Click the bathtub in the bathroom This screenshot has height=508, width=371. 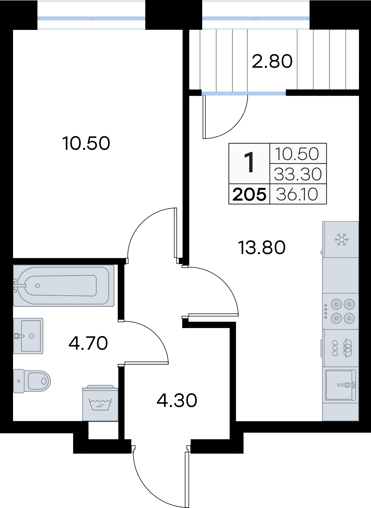point(64,285)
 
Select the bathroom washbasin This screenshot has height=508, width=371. point(28,336)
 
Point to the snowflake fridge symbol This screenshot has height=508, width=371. point(341,239)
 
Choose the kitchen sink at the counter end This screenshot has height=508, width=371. point(340,385)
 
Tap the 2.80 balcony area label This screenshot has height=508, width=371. point(272,61)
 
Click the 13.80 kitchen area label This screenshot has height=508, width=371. point(262,247)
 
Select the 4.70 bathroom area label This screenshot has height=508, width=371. point(88,343)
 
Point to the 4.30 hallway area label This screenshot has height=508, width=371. point(177,400)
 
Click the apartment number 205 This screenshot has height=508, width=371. point(249,194)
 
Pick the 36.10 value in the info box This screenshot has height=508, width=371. point(297,194)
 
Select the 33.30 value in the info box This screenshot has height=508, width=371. point(298,174)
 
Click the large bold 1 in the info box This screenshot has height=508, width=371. point(249,163)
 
